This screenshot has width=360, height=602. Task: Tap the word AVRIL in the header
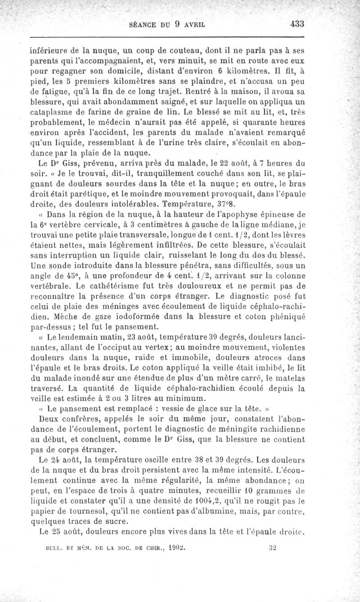202,25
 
